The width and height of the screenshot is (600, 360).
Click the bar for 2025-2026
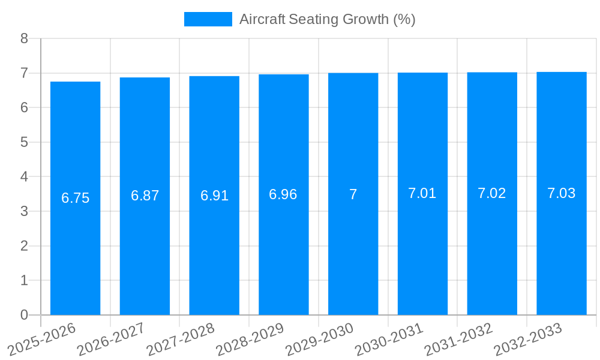pos(75,252)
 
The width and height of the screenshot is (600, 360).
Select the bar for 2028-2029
pos(284,252)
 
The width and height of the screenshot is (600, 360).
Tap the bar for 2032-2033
pos(562,252)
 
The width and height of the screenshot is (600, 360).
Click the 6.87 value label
pos(145,196)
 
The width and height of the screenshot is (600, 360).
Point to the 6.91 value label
pos(214,196)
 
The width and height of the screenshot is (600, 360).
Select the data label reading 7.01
pos(422,193)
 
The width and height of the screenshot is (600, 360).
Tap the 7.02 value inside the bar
pos(492,193)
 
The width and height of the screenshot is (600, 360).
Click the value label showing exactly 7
pos(353,194)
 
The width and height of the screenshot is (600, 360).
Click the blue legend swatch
pos(208,19)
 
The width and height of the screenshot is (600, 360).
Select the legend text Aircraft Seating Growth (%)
pos(327,19)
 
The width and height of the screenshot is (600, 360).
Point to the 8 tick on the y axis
pos(24,38)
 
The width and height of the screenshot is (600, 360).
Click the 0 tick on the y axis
pos(24,315)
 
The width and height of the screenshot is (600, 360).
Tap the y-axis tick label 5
pos(24,142)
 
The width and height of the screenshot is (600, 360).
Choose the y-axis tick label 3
pos(24,211)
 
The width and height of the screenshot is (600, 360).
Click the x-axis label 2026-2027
pos(111,339)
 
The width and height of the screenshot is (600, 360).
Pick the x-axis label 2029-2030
pos(319,339)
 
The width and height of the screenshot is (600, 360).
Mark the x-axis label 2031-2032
pos(458,339)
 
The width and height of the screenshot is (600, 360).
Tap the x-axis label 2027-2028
pos(181,339)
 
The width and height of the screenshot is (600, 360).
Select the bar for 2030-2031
pos(422,252)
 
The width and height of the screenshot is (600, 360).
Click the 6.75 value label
pos(75,198)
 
